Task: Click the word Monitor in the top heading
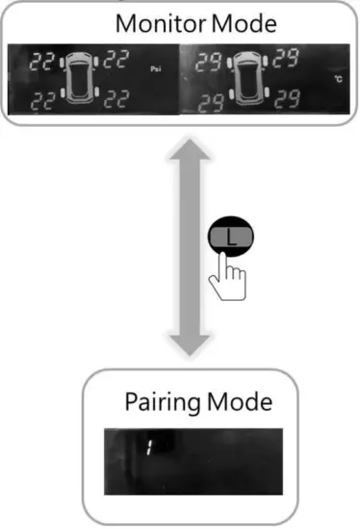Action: [155, 22]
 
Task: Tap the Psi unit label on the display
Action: [156, 69]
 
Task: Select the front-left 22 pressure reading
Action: [42, 63]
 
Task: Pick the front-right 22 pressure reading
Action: [116, 63]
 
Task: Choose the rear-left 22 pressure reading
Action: [42, 99]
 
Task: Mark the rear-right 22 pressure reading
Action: [116, 99]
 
